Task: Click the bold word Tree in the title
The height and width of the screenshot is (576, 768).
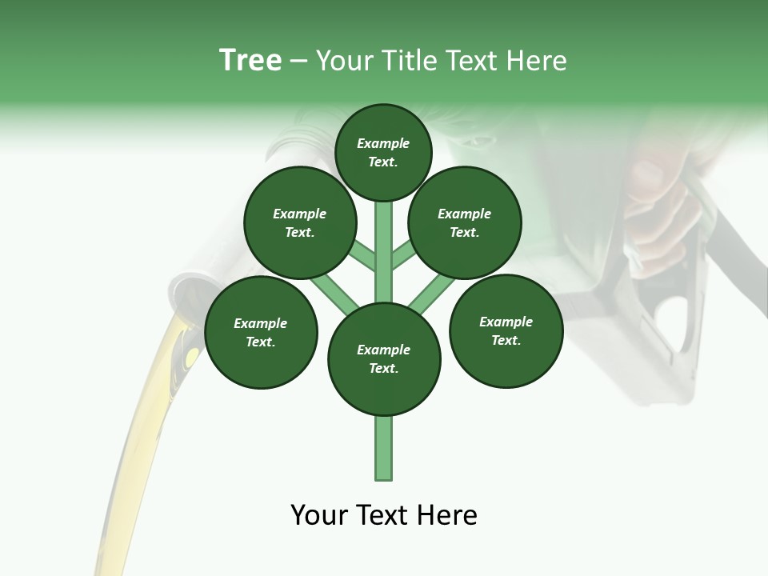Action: [x=250, y=61]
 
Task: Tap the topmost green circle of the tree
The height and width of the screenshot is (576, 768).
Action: [x=383, y=152]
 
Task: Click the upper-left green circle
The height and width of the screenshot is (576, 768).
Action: [x=300, y=222]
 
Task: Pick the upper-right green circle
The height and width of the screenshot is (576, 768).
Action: [x=465, y=222]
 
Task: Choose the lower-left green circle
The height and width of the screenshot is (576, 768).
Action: [x=261, y=332]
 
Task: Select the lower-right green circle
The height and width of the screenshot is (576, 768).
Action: [x=506, y=330]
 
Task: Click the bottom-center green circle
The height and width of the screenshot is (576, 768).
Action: [x=384, y=358]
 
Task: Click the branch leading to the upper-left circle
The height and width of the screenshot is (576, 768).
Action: [x=362, y=256]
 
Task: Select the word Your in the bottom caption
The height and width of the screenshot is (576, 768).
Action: [x=320, y=515]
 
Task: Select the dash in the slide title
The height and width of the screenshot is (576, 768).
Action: [x=298, y=61]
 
